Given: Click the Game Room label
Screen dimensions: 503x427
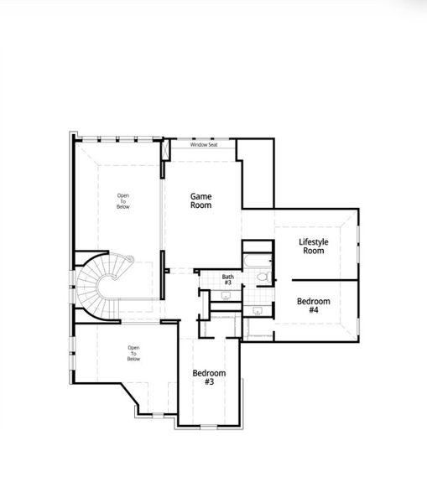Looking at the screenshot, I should pos(200,200).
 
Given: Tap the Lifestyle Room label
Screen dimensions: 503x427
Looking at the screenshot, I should pos(314,246).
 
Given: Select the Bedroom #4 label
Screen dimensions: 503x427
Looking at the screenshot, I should pos(314,305).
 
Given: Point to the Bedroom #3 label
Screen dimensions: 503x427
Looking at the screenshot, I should pos(209,377).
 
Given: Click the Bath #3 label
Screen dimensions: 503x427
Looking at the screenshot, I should pos(228,279).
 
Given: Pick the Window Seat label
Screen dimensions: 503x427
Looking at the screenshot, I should pos(203,145).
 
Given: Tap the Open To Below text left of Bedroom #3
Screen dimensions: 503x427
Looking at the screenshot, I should pos(133,353).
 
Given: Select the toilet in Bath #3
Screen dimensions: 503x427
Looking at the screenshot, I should pos(261,277).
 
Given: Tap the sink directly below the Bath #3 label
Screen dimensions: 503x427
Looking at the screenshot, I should pos(227,294).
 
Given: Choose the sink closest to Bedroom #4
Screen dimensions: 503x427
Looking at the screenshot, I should pos(258,311).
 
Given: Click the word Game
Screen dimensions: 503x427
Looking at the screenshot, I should pos(200,196).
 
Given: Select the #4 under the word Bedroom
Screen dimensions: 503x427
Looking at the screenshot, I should pos(314,310).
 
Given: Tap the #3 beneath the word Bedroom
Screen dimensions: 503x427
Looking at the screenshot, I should pos(209,382).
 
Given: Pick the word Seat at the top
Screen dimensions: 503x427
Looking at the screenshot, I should pos(213,145).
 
